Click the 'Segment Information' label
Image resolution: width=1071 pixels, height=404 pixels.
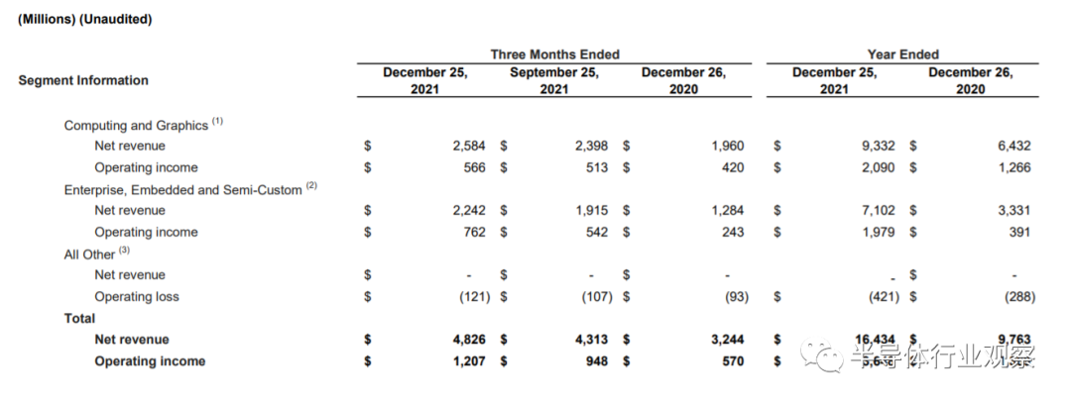point(83,80)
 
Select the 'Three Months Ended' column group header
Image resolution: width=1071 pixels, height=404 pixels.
point(554,54)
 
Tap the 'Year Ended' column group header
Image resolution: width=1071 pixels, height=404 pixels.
point(902,54)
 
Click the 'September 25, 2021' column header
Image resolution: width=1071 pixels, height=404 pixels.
point(554,80)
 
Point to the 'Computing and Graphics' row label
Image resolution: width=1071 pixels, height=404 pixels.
point(136,126)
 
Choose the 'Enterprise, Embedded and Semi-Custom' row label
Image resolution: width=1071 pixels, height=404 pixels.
point(182,189)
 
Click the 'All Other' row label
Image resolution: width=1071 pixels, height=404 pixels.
point(89,254)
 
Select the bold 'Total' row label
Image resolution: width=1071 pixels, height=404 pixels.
point(79,319)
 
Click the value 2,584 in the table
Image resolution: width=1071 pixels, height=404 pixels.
point(469,147)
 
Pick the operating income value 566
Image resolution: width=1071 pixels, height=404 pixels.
point(474,168)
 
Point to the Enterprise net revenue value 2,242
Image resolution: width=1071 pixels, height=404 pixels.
point(469,211)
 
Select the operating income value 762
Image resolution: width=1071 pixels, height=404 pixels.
point(474,233)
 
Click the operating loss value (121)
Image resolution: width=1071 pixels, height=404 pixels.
point(471,297)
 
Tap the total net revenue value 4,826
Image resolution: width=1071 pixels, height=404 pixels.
point(469,340)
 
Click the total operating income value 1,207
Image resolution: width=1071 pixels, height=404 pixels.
point(469,361)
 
